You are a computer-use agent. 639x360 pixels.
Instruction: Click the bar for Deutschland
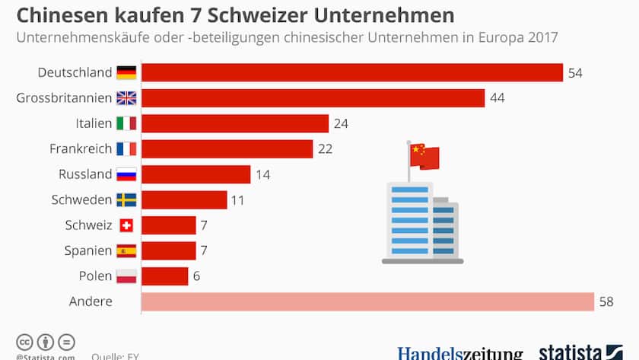pyautogui.click(x=351, y=72)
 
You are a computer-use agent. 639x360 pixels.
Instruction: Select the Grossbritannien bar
pyautogui.click(x=313, y=98)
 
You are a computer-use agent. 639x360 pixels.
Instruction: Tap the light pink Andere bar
pyautogui.click(x=367, y=301)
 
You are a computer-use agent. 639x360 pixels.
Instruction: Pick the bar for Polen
pyautogui.click(x=165, y=276)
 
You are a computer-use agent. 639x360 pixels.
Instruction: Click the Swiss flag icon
pyautogui.click(x=126, y=225)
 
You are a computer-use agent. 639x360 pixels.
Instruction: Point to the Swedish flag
pyautogui.click(x=126, y=200)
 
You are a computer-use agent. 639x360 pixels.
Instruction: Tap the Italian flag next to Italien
pyautogui.click(x=126, y=123)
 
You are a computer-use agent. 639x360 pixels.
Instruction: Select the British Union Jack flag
pyautogui.click(x=126, y=98)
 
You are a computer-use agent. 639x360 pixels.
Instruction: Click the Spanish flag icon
pyautogui.click(x=126, y=250)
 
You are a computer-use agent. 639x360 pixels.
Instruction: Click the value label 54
pyautogui.click(x=575, y=73)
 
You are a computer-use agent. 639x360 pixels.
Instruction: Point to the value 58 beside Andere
pyautogui.click(x=606, y=302)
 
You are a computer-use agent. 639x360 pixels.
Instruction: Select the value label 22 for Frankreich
pyautogui.click(x=325, y=149)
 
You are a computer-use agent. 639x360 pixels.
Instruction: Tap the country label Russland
pyautogui.click(x=85, y=174)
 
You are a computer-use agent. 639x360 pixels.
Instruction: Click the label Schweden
pyautogui.click(x=81, y=200)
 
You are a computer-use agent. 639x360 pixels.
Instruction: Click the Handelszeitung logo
pyautogui.click(x=460, y=353)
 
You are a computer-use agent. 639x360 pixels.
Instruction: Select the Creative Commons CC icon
pyautogui.click(x=24, y=342)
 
